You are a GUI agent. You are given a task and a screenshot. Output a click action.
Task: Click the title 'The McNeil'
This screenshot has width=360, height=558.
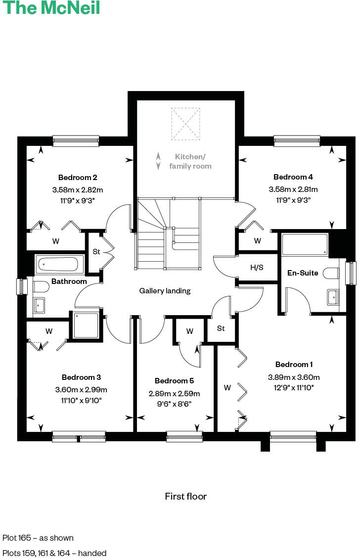(51, 8)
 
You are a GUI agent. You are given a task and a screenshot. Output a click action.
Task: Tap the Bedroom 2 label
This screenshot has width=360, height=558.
(78, 177)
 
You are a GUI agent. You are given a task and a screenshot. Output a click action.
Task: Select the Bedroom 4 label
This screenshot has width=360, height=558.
(293, 177)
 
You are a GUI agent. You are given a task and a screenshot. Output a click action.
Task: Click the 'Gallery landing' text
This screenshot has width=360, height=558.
(165, 291)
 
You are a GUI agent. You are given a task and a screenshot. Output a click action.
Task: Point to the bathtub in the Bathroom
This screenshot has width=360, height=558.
(56, 264)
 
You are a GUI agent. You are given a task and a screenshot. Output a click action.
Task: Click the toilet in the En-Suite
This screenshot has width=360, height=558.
(330, 273)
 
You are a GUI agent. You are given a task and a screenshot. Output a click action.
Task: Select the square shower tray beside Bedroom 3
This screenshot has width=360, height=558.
(87, 325)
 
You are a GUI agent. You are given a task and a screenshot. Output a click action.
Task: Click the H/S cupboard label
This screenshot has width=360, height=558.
(257, 268)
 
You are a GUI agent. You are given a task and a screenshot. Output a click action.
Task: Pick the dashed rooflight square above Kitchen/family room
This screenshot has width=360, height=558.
(185, 124)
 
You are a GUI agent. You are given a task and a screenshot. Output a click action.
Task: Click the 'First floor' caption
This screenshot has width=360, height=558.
(185, 496)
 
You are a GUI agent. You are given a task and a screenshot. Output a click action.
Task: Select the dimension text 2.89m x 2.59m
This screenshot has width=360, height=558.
(174, 394)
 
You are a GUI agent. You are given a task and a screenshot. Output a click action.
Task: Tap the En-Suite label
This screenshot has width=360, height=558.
(303, 273)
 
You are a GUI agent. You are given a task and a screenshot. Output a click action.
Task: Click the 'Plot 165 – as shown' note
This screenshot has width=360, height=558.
(38, 538)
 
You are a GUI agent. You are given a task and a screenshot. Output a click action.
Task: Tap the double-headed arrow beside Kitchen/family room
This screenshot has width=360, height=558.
(158, 161)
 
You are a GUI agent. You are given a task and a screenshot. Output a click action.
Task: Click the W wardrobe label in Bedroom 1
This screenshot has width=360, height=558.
(227, 388)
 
